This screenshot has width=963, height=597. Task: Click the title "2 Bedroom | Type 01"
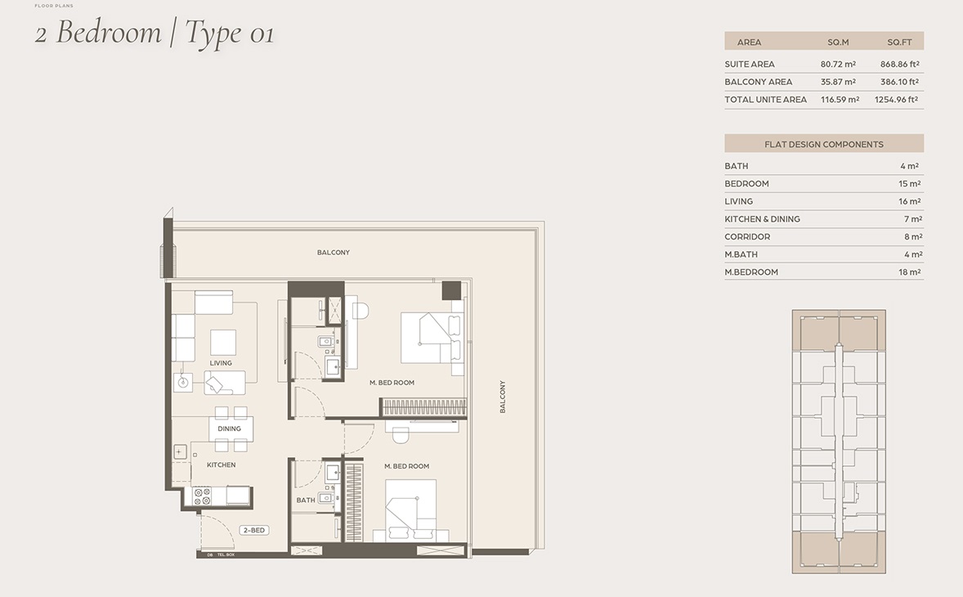click(154, 34)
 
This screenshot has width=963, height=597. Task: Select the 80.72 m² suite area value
click(838, 64)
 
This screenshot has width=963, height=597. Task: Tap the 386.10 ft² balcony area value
click(899, 82)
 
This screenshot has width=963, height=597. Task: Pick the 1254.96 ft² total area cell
click(897, 100)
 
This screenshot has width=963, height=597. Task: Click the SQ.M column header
click(838, 42)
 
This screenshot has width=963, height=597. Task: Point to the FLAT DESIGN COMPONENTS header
click(823, 144)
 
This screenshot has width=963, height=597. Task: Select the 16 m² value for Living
click(910, 201)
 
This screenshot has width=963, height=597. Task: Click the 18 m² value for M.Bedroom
click(910, 272)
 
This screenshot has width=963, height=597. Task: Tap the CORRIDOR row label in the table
click(747, 237)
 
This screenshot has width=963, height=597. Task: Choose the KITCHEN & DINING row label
click(762, 219)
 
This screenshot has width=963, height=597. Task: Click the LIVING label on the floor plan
click(221, 363)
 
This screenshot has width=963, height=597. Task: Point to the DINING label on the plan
click(230, 429)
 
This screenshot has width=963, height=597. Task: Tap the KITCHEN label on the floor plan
click(221, 465)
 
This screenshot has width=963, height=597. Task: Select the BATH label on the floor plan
click(306, 500)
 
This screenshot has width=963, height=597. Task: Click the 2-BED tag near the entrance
click(254, 531)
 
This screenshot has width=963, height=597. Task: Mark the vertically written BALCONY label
click(503, 397)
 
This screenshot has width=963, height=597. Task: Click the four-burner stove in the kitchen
click(202, 496)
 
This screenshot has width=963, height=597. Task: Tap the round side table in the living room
click(184, 381)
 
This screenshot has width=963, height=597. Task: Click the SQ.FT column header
click(899, 42)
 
